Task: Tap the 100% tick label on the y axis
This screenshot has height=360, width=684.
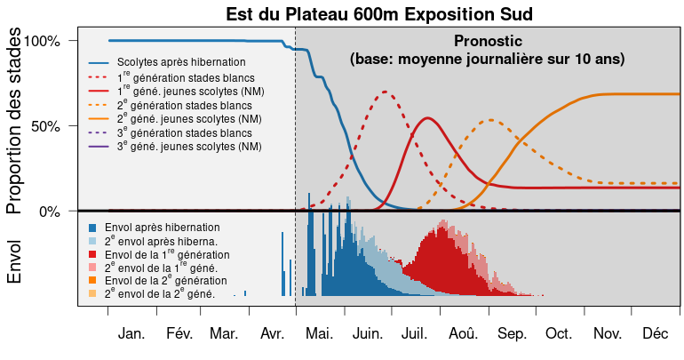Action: point(43,41)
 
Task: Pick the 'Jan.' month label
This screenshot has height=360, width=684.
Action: point(131,334)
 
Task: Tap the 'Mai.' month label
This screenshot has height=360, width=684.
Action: point(318,334)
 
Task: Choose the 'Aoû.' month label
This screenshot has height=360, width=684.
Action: point(463,334)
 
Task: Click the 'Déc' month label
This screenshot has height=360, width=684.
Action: point(655,334)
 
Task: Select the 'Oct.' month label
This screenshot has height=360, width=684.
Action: point(559,334)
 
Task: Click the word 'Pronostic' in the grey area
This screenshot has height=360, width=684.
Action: point(488,41)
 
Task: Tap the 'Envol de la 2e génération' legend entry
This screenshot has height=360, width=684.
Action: point(170,280)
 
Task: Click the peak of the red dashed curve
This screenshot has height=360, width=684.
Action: point(385,92)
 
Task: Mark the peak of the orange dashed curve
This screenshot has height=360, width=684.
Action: point(490,120)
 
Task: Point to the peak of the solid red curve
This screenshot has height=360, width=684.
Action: point(428,118)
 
